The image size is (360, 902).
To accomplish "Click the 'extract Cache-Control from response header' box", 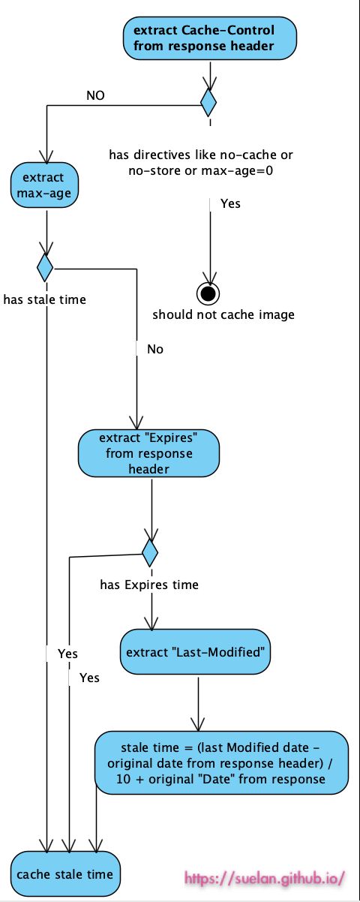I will tap(209, 38).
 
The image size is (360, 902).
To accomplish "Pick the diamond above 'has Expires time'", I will tap(150, 553).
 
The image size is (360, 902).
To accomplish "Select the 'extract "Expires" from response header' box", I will tap(148, 453).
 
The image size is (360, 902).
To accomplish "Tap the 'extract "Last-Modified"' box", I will tap(195, 651).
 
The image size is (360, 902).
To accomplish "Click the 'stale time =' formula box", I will tap(222, 762).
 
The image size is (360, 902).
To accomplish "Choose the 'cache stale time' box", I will tap(64, 873).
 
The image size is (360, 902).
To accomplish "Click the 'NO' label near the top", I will tap(95, 95).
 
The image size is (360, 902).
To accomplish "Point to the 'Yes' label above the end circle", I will tap(230, 203).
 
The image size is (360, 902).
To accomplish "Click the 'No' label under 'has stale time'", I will tap(154, 349).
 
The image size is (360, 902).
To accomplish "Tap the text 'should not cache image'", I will tap(223, 314).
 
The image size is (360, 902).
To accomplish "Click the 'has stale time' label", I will tap(44, 299).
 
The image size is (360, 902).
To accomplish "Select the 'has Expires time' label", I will tap(149, 585).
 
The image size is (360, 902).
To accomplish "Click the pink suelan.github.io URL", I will tap(264, 876).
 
